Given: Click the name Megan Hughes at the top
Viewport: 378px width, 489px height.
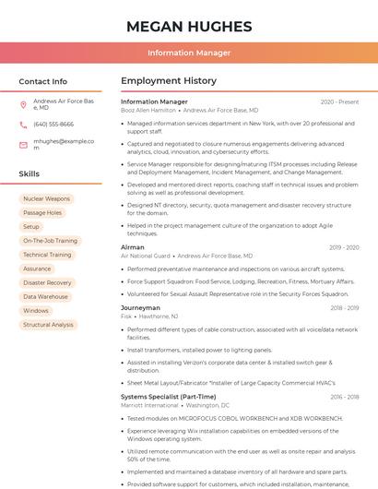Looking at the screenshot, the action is (189, 26).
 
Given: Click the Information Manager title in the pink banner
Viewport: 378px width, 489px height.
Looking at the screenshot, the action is (189, 53).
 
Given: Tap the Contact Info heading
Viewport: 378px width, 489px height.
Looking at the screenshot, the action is (43, 81).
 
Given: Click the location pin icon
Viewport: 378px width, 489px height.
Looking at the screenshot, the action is (24, 104).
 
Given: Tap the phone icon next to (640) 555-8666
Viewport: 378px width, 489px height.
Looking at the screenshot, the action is (24, 124).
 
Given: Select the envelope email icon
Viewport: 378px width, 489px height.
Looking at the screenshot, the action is (24, 145).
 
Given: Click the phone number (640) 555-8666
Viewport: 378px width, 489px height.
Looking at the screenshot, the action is (53, 124).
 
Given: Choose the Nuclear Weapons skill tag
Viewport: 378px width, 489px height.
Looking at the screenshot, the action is (46, 198).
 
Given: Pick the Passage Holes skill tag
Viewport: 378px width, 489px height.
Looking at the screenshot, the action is (42, 212).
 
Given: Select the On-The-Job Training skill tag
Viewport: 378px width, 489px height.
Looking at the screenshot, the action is (51, 241).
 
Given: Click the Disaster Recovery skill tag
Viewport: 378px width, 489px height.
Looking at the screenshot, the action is (47, 282).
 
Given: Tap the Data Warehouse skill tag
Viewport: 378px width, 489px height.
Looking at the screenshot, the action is (45, 296).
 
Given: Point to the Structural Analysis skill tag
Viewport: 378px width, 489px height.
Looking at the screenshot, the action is (48, 325).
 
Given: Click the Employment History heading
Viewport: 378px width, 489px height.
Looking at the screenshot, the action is (169, 81).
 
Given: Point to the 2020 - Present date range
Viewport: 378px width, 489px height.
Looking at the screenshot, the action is (339, 101).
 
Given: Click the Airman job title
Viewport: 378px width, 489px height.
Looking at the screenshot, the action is (133, 247).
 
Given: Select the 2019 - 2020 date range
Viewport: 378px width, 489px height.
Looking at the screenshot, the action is (343, 247).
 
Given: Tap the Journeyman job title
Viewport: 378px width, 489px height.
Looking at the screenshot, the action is (140, 307).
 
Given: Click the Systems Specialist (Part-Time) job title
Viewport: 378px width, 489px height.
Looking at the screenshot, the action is (169, 397).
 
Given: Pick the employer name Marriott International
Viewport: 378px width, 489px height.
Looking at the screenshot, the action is (149, 405).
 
